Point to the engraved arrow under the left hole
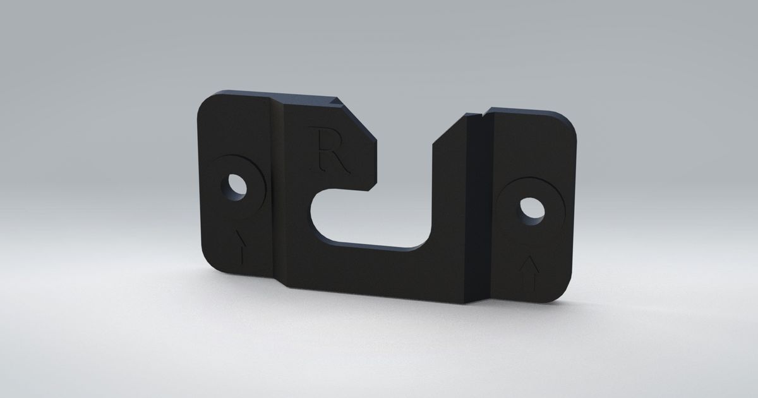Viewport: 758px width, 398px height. [241, 247]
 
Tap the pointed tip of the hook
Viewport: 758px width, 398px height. [373, 187]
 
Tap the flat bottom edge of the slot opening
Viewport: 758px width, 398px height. [379, 246]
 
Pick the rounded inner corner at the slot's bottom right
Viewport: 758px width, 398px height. [424, 239]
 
